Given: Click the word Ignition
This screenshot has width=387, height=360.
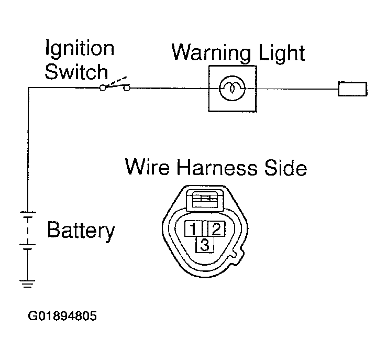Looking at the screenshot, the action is pos(80,49).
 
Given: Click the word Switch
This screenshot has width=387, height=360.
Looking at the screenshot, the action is pos(76,72).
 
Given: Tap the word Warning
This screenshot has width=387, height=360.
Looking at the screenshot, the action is pos(211,53).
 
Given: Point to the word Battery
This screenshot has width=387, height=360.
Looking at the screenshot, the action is pos(81,231).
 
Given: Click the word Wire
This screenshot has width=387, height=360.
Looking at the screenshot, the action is pos(147,167).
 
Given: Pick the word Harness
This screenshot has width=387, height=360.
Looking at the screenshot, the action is pos(217,167).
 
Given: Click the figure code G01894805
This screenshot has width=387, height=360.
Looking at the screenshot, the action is pos(62,316).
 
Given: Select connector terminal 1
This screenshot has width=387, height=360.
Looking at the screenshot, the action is pos(194,228).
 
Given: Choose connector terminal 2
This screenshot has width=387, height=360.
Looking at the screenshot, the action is pos(216,228).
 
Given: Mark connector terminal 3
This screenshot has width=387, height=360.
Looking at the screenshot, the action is pos(205,245).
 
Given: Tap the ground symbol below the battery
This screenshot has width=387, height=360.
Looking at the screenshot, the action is pos(27,284).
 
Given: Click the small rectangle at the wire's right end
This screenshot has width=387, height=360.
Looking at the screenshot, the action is pos(352,89).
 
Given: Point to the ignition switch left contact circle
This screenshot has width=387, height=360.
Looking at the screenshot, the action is pos(103,88).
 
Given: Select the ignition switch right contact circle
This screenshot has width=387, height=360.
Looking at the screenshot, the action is pos(127,88).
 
